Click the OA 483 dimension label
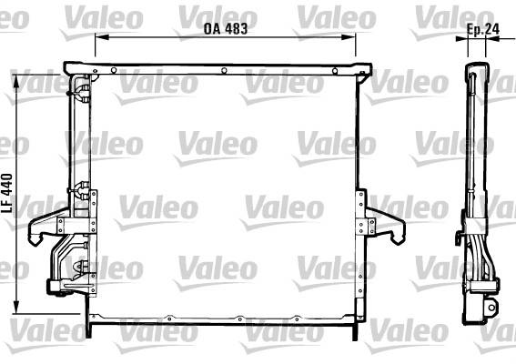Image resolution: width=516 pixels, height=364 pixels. click(226, 28)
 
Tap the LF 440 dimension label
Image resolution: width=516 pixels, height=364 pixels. click(7, 193)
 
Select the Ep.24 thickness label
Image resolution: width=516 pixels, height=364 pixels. click(483, 29)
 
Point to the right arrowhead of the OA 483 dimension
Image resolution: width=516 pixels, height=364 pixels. click(349, 37)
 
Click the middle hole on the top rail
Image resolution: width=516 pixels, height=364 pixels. click(224, 70)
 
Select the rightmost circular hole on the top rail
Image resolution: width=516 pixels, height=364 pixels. click(335, 71)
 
